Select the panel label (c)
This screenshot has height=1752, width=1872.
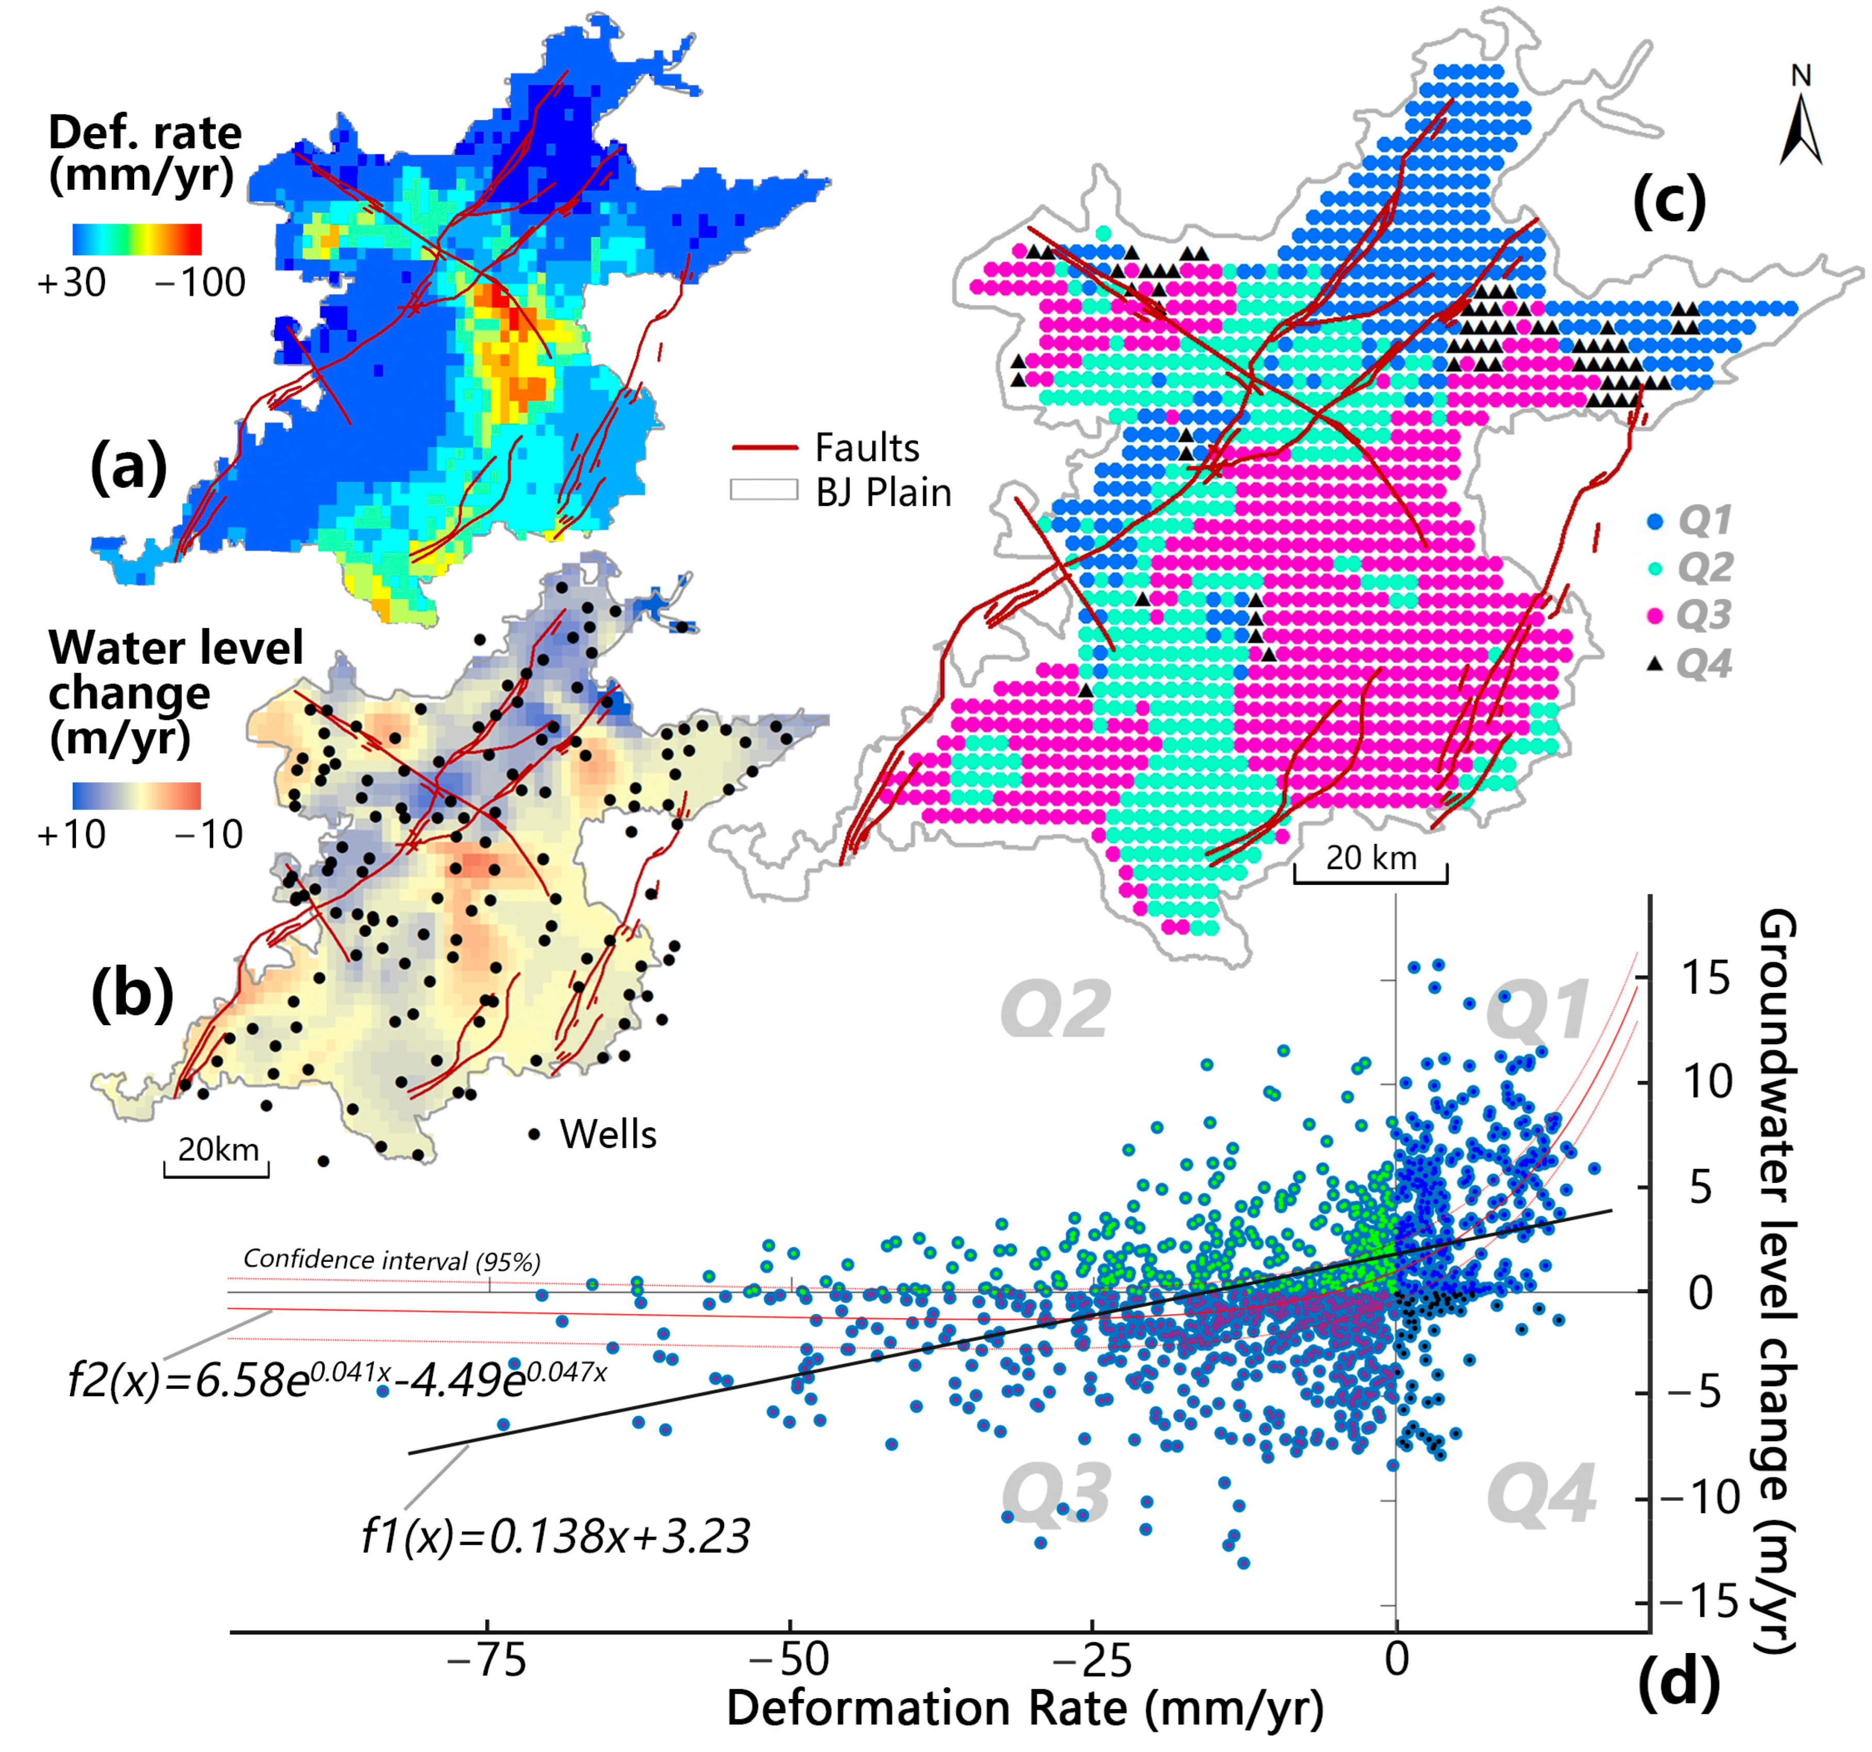[x=1669, y=199]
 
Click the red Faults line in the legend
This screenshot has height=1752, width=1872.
[x=765, y=448]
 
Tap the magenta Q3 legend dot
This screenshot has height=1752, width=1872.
[x=1654, y=615]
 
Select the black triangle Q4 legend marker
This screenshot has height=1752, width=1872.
[x=1654, y=664]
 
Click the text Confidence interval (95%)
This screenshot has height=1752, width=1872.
[x=392, y=1260]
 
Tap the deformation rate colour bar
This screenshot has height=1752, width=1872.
[x=137, y=239]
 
